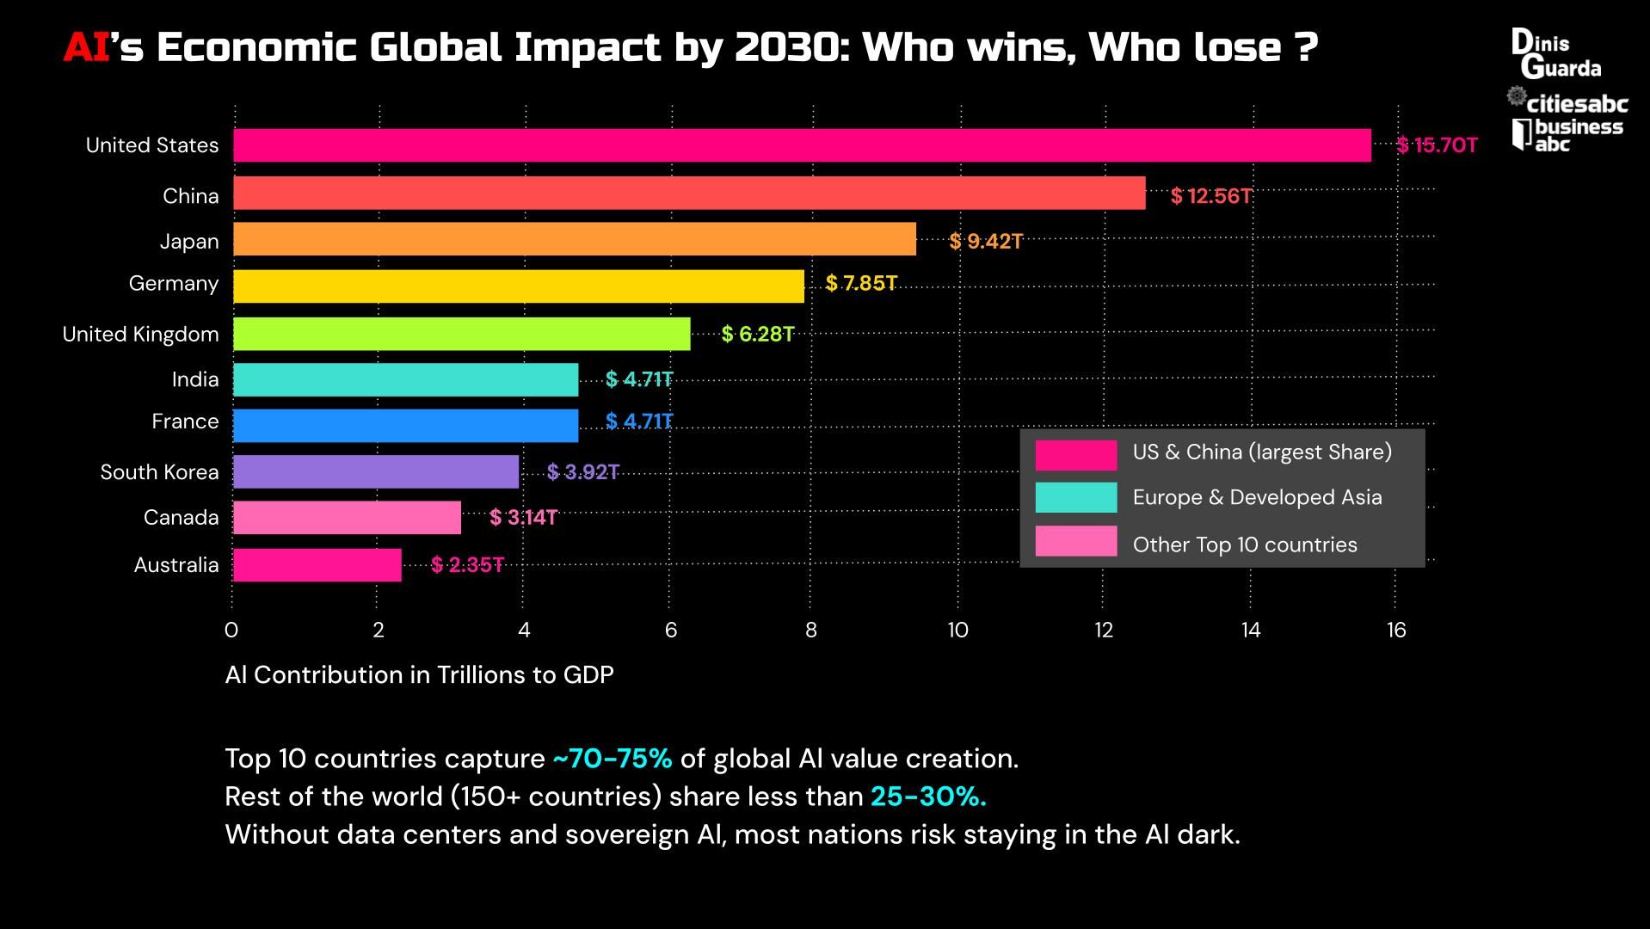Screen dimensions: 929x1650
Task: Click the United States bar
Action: [x=802, y=145]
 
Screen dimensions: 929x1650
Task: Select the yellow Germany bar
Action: [x=518, y=286]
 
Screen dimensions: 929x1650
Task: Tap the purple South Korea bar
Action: [x=375, y=471]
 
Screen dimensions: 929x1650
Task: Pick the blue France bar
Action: [x=405, y=425]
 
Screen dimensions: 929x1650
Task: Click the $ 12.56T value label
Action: [x=1210, y=196]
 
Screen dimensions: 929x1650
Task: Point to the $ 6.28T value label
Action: [x=757, y=334]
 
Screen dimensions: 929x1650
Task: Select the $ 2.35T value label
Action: [x=467, y=565]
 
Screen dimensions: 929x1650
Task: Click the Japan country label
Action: [x=189, y=242]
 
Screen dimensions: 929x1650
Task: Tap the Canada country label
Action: [x=181, y=518]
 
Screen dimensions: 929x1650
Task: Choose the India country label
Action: [x=195, y=379]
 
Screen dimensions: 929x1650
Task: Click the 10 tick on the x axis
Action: [x=957, y=631]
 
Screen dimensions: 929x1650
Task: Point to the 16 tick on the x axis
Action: [x=1395, y=631]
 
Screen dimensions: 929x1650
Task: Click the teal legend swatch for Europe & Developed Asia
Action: [x=1075, y=497]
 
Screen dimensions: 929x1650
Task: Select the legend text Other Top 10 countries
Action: [x=1244, y=544]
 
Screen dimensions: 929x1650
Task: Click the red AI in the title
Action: [x=86, y=47]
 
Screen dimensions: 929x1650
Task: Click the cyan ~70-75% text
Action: [x=612, y=759]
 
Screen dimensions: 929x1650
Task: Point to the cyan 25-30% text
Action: [x=927, y=797]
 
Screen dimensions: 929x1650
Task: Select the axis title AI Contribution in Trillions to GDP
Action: [x=419, y=674]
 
